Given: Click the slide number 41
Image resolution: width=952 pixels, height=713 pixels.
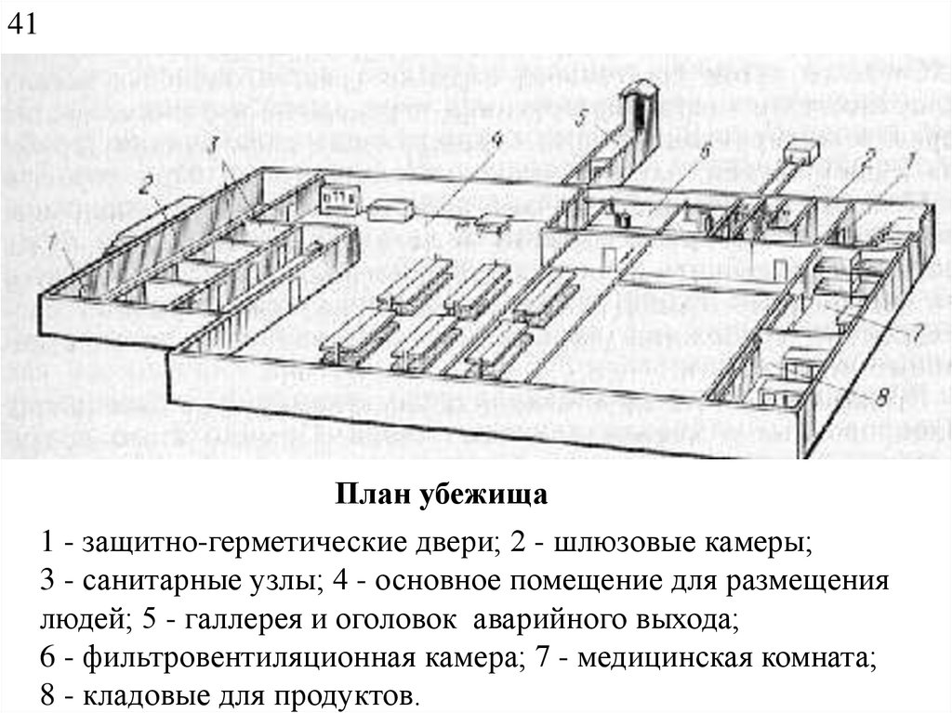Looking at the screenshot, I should [x=21, y=23].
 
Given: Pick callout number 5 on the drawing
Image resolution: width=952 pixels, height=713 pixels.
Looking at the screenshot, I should [x=580, y=118].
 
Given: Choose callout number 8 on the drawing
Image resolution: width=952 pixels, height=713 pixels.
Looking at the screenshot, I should [x=884, y=398].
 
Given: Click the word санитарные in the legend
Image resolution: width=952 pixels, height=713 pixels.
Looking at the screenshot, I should [x=165, y=582].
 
